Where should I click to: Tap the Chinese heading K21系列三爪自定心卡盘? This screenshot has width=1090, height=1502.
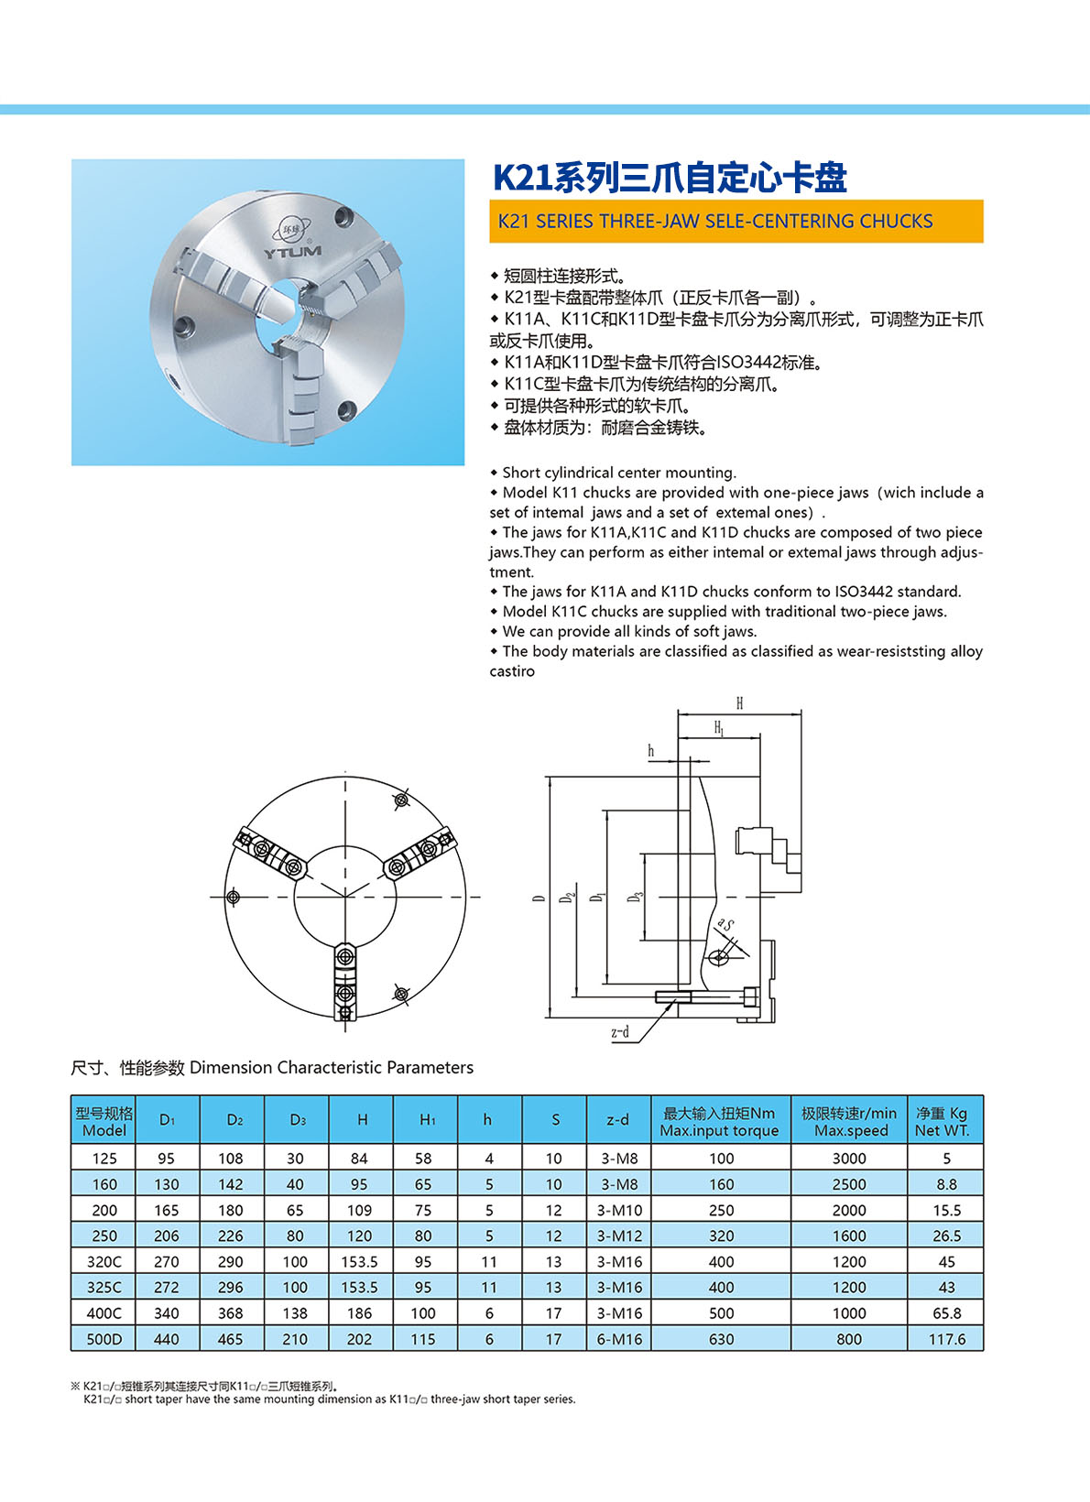[670, 178]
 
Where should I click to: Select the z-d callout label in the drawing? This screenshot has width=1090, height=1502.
[620, 1032]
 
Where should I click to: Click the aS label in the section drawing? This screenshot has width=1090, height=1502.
[725, 925]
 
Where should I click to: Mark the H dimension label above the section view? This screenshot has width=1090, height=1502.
[739, 703]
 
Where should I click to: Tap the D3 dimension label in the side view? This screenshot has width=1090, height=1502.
[635, 898]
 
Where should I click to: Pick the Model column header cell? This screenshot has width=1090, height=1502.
[104, 1121]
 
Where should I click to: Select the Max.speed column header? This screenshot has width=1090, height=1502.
[849, 1121]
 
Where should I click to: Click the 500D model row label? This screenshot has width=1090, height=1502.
[104, 1339]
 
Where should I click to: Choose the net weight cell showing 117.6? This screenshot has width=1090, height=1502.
[946, 1339]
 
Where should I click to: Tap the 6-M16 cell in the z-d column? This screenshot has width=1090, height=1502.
[619, 1339]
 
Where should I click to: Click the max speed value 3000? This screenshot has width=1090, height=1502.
[849, 1159]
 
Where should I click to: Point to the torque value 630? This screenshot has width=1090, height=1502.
[721, 1339]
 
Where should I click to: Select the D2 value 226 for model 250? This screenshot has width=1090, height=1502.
[231, 1235]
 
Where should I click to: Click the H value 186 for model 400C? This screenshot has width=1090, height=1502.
[360, 1313]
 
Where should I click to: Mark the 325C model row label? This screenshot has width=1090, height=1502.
[104, 1287]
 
